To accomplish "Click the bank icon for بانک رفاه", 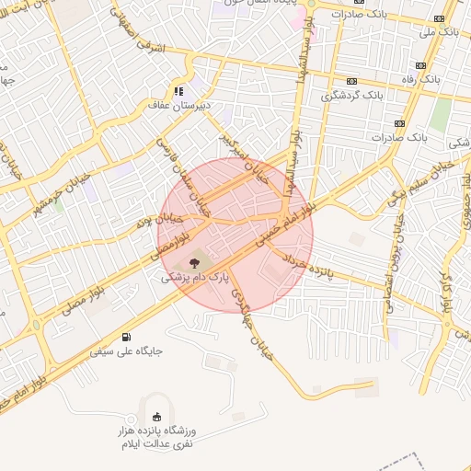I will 421,65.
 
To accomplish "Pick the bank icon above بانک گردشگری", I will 352,80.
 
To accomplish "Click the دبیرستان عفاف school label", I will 179,105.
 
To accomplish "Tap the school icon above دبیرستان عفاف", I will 178,91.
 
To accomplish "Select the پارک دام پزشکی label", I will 193,276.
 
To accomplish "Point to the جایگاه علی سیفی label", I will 125,350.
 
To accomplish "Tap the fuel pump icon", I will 125,337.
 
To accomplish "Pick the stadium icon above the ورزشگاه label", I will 157,415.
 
